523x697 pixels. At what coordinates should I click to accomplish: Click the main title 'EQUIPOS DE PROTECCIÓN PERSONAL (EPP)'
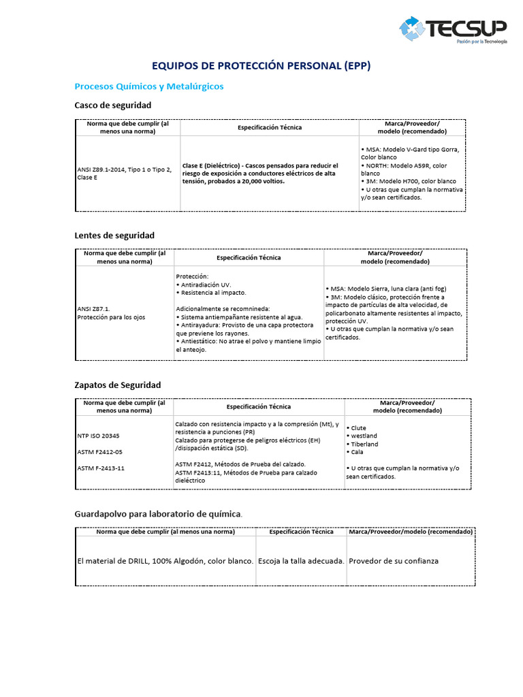pyautogui.click(x=261, y=66)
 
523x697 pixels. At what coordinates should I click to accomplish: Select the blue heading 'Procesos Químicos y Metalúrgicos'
pyautogui.click(x=148, y=86)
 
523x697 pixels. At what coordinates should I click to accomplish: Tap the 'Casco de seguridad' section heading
pyautogui.click(x=112, y=106)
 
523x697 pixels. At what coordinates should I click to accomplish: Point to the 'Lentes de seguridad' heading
pyautogui.click(x=114, y=236)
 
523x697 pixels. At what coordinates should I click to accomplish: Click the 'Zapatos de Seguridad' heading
pyautogui.click(x=117, y=385)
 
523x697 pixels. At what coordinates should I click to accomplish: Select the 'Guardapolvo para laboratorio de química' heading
pyautogui.click(x=157, y=514)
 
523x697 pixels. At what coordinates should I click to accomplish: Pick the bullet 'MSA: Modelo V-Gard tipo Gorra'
pyautogui.click(x=411, y=149)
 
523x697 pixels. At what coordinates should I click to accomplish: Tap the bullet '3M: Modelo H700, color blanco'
pyautogui.click(x=411, y=181)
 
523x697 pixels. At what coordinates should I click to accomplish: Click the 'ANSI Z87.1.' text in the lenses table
pyautogui.click(x=94, y=308)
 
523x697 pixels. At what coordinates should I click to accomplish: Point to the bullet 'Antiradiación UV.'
pyautogui.click(x=204, y=284)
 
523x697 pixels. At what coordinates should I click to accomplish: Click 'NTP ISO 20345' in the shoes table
pyautogui.click(x=98, y=435)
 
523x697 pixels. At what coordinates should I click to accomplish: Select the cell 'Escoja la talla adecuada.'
pyautogui.click(x=300, y=561)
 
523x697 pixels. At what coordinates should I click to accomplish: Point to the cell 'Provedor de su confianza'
pyautogui.click(x=394, y=561)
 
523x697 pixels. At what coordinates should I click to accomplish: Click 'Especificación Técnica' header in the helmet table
pyautogui.click(x=269, y=127)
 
